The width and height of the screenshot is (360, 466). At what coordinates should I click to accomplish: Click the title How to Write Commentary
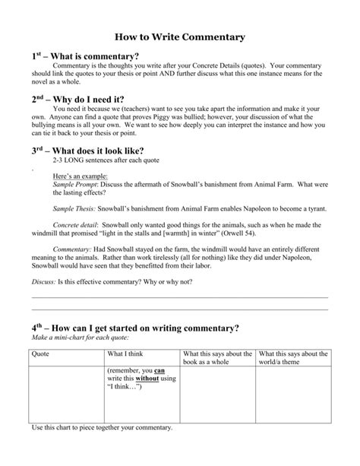pyautogui.click(x=179, y=36)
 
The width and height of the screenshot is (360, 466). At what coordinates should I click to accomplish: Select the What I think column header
pyautogui.click(x=125, y=353)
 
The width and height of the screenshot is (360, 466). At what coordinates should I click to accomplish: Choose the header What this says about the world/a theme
pyautogui.click(x=292, y=357)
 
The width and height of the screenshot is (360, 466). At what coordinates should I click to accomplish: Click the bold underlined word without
pyautogui.click(x=147, y=379)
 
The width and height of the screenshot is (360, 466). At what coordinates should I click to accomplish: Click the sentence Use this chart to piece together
pyautogui.click(x=102, y=427)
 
